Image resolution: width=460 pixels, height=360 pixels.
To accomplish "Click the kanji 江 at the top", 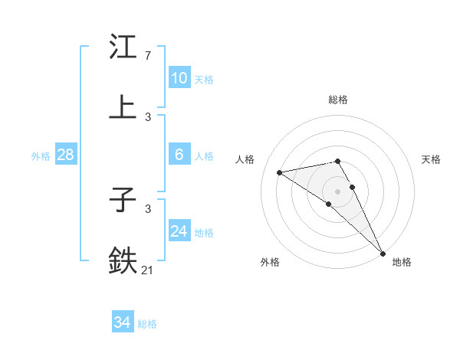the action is [x=123, y=47].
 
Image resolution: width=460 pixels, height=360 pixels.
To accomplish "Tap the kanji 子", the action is [x=123, y=201].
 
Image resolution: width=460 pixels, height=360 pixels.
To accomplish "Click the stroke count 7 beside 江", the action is [x=147, y=56].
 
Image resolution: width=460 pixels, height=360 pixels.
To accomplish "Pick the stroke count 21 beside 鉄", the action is [x=148, y=269].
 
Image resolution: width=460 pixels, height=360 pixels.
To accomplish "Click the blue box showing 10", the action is [x=179, y=77].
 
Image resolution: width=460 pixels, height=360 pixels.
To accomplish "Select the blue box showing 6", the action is [x=179, y=155].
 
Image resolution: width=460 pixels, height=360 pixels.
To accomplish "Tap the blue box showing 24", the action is [x=179, y=231].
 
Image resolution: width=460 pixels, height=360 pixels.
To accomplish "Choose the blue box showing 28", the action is [x=66, y=155].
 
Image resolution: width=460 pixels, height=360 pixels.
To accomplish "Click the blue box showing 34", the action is [x=123, y=322].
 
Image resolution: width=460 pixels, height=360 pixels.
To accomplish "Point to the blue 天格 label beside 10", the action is [x=204, y=79].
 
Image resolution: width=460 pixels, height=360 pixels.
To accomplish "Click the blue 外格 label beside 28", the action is [x=41, y=156].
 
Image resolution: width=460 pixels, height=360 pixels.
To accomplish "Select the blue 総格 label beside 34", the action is [x=147, y=324].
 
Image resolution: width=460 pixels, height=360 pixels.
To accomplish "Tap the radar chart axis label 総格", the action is [x=338, y=100].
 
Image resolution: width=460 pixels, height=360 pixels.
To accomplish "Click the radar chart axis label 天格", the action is [x=431, y=159].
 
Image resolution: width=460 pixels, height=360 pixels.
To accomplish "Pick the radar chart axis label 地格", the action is [x=402, y=262].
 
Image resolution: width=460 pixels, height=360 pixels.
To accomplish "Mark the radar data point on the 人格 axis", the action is [x=280, y=172].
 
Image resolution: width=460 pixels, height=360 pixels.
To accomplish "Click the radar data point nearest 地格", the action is [x=383, y=253].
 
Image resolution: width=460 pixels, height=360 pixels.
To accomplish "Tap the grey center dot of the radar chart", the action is [x=338, y=191].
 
